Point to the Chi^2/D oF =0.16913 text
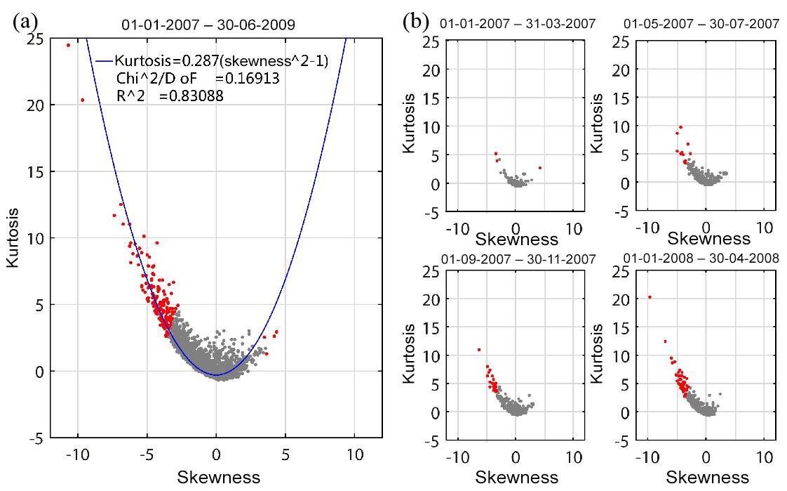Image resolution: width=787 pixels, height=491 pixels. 198,79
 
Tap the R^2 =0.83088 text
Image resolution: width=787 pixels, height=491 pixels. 170,97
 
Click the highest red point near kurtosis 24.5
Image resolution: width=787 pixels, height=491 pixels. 68,45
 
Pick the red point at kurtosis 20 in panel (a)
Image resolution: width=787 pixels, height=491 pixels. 82,100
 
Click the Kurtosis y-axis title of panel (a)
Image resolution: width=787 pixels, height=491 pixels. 12,238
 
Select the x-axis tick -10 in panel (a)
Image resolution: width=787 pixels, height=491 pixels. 76,454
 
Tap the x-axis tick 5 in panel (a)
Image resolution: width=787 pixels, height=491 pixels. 285,454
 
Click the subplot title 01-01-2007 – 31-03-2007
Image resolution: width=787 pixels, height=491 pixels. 518,25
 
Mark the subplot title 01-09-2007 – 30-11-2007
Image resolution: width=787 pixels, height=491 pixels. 518,259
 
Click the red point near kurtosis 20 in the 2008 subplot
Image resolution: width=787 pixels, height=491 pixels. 650,297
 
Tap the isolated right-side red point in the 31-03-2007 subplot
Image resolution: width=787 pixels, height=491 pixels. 539,168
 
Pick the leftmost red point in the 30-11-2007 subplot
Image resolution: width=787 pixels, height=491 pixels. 479,349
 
